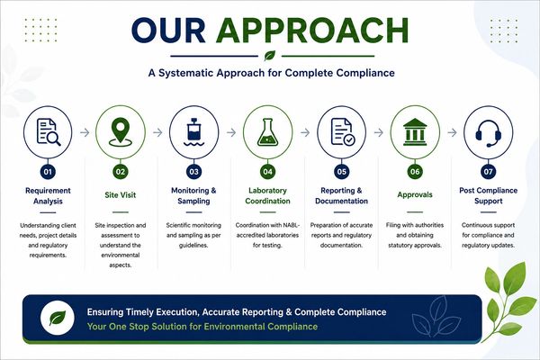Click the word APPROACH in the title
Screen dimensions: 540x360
[312, 31]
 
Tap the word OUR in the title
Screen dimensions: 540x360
[168, 31]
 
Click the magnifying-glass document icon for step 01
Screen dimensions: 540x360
[49, 132]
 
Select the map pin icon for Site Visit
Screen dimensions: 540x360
[121, 132]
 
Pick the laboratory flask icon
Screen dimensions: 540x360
[267, 132]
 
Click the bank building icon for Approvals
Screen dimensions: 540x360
[415, 132]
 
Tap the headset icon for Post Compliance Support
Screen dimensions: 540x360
[489, 133]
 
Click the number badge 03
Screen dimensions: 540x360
[193, 172]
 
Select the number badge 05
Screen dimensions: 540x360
[341, 172]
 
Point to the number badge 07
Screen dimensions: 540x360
[489, 172]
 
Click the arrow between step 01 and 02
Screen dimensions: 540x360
[85, 132]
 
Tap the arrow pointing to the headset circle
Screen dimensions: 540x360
[452, 132]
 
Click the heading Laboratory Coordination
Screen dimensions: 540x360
[267, 195]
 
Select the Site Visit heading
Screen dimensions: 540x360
[121, 195]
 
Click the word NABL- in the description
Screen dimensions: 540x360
[292, 225]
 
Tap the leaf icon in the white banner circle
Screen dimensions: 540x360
[58, 318]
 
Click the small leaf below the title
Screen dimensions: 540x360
[270, 56]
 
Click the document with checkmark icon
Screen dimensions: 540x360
[343, 131]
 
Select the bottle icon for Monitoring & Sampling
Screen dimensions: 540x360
[193, 132]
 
